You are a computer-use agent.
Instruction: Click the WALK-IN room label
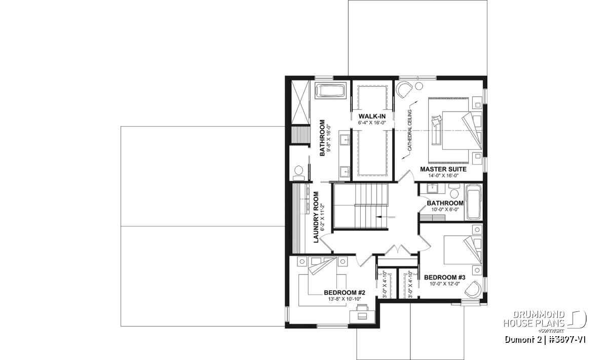(372, 116)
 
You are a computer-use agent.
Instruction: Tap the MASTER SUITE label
(443, 169)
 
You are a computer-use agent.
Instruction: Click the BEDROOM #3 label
(445, 277)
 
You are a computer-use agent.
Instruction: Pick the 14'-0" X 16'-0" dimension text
(443, 176)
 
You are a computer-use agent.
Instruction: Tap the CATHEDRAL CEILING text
(409, 130)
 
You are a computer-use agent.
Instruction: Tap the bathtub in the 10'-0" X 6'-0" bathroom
(473, 202)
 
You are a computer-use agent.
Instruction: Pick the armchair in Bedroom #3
(473, 290)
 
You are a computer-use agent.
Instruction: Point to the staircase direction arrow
(386, 217)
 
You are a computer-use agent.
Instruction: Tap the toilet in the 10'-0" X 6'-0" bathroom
(453, 191)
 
